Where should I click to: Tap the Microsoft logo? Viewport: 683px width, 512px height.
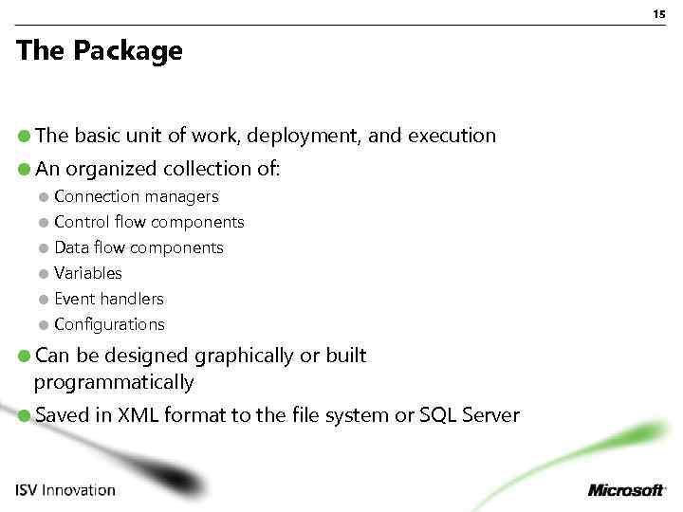point(627,490)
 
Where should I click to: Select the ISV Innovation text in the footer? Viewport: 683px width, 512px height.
point(65,490)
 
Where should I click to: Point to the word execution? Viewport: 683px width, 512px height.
point(452,137)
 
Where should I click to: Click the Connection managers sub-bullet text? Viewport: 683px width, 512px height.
point(137,197)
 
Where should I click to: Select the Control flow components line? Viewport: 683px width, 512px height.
point(149,223)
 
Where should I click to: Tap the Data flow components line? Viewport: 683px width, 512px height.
point(138,248)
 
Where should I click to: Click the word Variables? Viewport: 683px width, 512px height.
point(88,273)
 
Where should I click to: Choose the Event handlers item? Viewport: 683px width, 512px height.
point(109,299)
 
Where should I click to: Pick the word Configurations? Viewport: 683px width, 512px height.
point(109,324)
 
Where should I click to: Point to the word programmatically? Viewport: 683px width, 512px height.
point(114,383)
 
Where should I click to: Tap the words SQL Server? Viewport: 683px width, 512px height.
point(470,415)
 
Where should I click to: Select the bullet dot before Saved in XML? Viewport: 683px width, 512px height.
point(24,416)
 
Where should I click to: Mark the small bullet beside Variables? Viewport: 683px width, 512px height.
point(44,274)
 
